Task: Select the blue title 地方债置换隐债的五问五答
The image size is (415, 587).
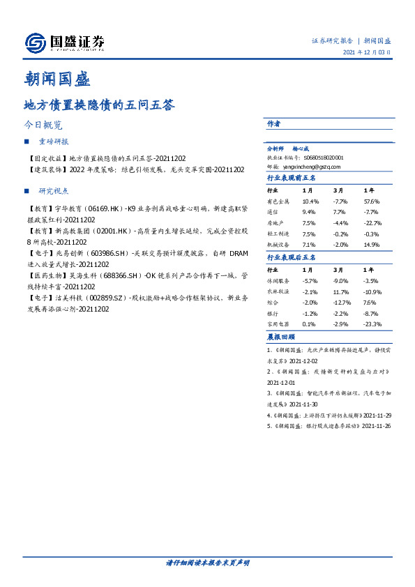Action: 98,105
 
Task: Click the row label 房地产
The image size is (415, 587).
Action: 277,223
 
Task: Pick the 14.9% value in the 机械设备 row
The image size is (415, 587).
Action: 371,245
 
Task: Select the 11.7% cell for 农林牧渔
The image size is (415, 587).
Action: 340,291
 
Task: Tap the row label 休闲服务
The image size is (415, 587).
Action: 279,280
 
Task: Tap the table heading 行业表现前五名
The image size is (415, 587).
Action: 292,178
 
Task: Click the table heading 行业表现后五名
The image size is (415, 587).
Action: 292,258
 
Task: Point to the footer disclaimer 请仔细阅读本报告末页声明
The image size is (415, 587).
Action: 207,562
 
